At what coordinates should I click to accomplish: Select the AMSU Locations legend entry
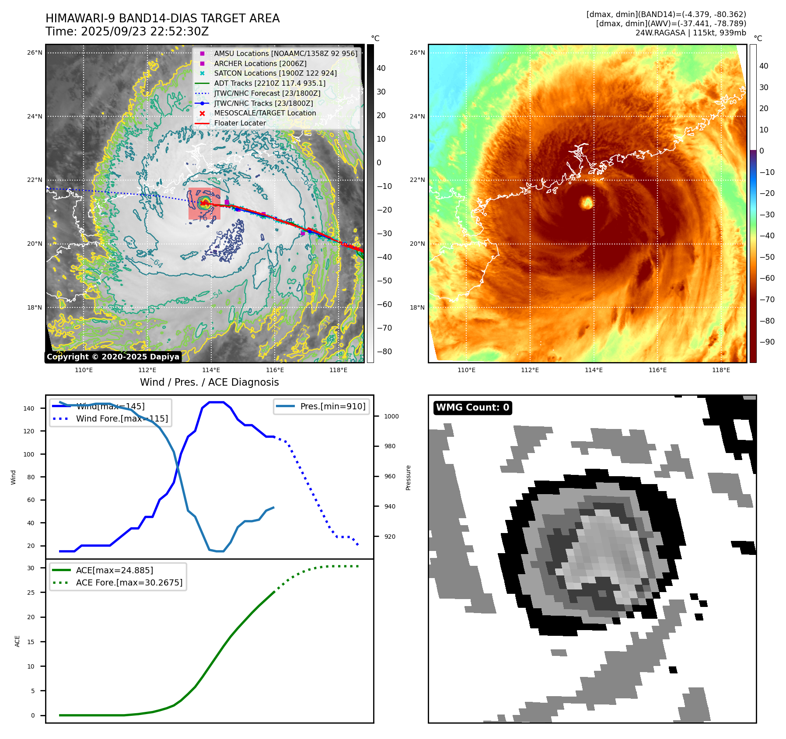click(285, 53)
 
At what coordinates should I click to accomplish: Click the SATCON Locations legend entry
click(275, 73)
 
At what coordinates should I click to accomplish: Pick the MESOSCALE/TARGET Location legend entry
click(265, 113)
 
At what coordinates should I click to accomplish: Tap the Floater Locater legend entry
click(240, 123)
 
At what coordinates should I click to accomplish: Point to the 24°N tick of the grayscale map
click(35, 116)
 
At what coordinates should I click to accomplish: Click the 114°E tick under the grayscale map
click(211, 370)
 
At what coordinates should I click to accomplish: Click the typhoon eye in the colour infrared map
click(587, 202)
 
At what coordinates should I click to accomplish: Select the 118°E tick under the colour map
click(721, 370)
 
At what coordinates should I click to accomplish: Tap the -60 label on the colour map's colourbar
click(767, 278)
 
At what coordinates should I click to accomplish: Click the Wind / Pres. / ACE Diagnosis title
click(209, 382)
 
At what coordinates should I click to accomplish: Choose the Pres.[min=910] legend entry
click(332, 406)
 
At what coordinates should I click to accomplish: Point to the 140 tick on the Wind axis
click(29, 408)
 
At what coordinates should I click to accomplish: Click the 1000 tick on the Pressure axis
click(391, 416)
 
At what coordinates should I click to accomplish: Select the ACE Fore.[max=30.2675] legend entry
click(129, 582)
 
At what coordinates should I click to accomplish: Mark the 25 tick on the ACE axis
click(31, 593)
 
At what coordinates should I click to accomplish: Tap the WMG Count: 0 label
click(472, 408)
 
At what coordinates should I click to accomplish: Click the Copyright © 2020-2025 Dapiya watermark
click(113, 357)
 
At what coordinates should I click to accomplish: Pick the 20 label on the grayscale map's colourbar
click(381, 115)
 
